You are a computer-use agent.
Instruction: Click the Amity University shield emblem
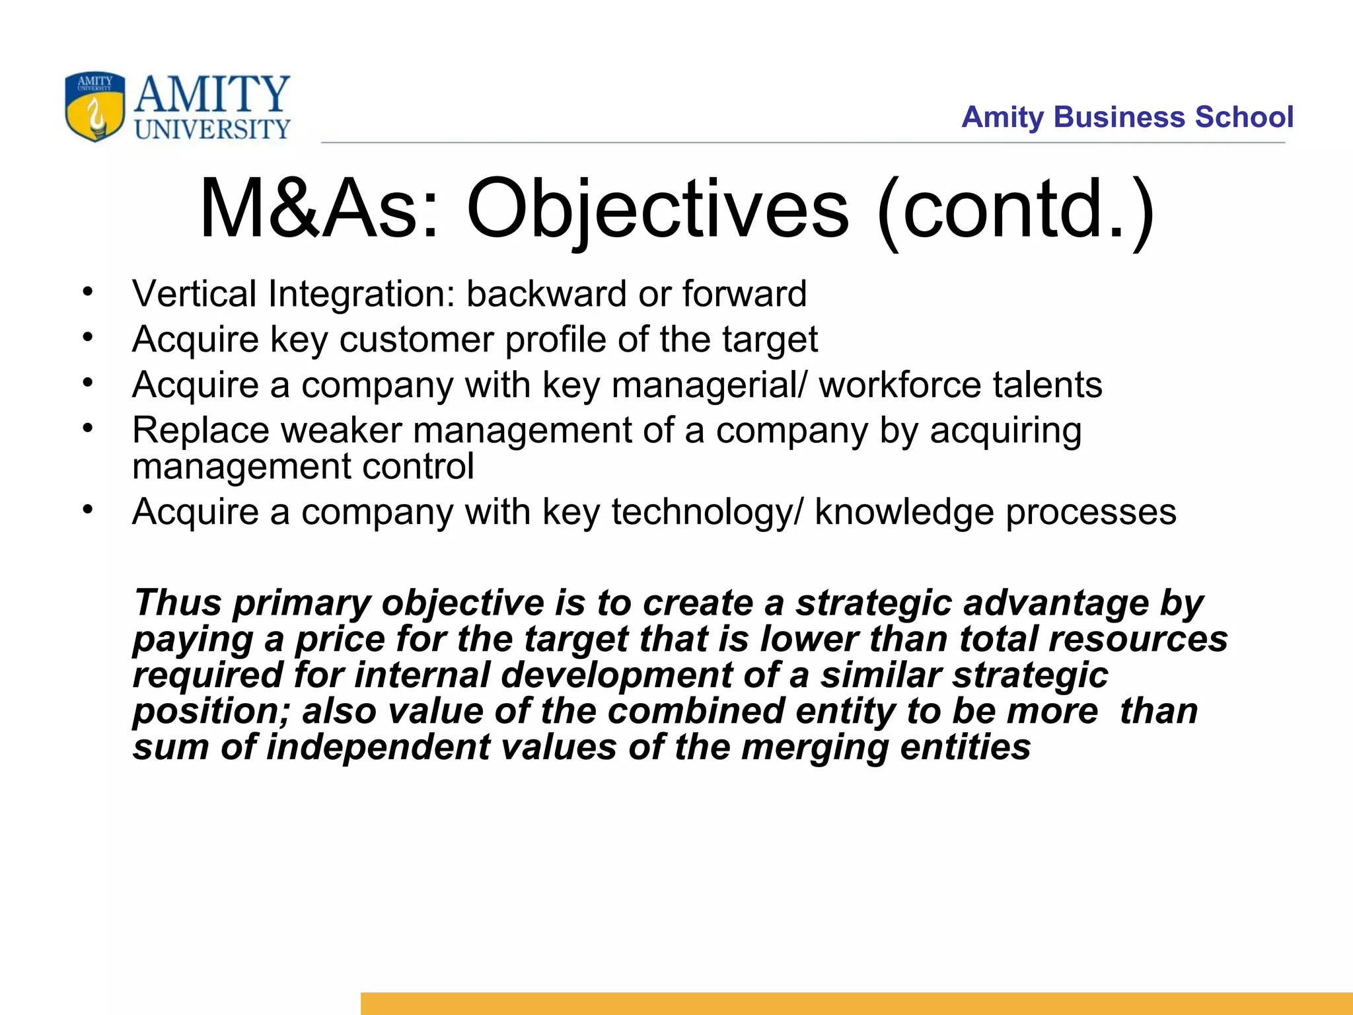[x=95, y=106]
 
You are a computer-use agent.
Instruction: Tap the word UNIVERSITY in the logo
[x=212, y=129]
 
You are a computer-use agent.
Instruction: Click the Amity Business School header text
[x=1126, y=117]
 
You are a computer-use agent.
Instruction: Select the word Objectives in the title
[x=657, y=209]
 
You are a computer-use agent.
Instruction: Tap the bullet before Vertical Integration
[x=88, y=291]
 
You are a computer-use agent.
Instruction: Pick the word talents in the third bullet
[x=1047, y=385]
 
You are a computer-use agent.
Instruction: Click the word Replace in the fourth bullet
[x=200, y=431]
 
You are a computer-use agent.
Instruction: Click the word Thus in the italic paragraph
[x=177, y=603]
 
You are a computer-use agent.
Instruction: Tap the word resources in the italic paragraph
[x=1138, y=640]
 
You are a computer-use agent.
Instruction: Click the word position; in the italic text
[x=211, y=712]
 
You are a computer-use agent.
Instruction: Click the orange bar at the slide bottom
[x=856, y=1003]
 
